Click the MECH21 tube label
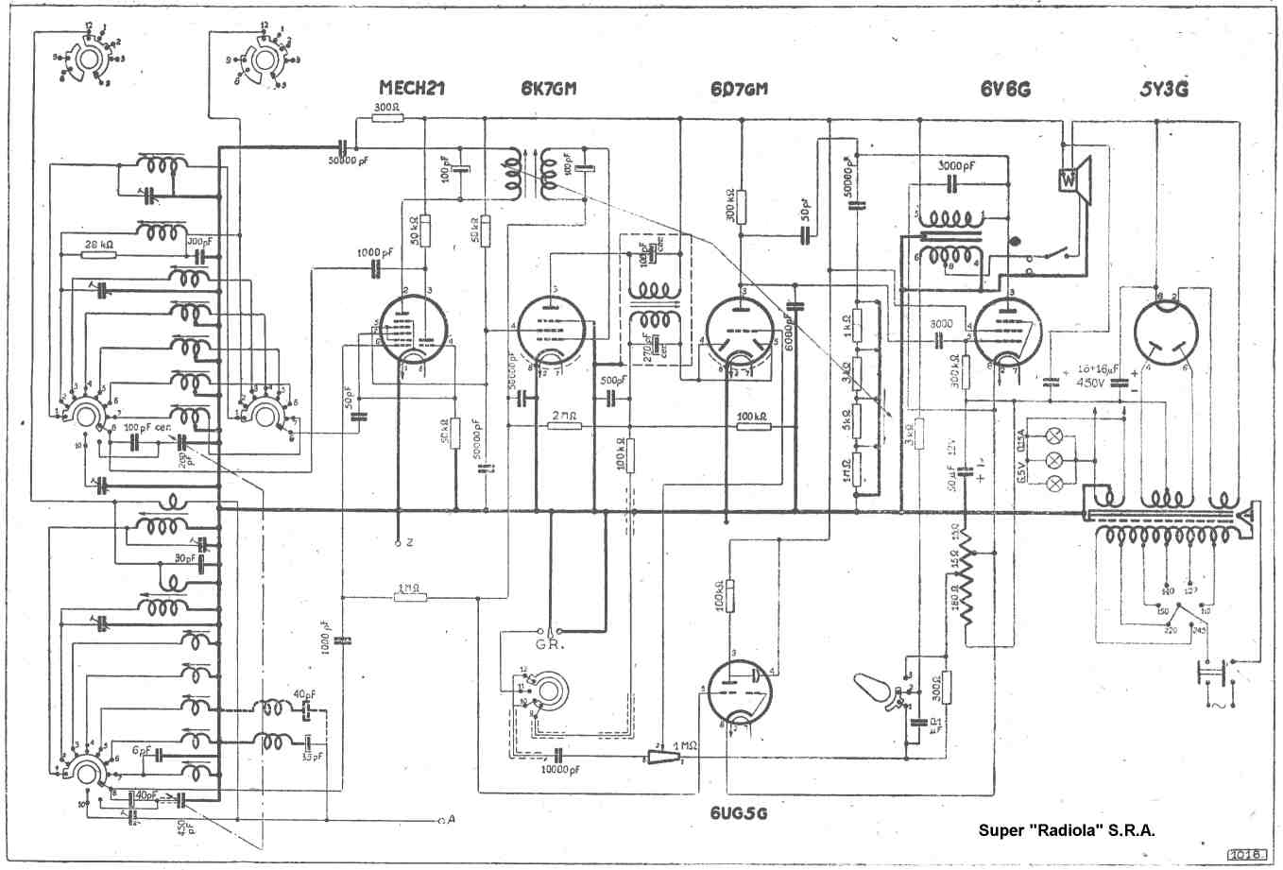411,89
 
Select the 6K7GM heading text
548,89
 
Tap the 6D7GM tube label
739,89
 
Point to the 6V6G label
1004,89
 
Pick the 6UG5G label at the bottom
739,812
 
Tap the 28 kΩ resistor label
98,245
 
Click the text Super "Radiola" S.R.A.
1067,831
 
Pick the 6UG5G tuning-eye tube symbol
739,693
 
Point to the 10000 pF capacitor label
561,770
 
